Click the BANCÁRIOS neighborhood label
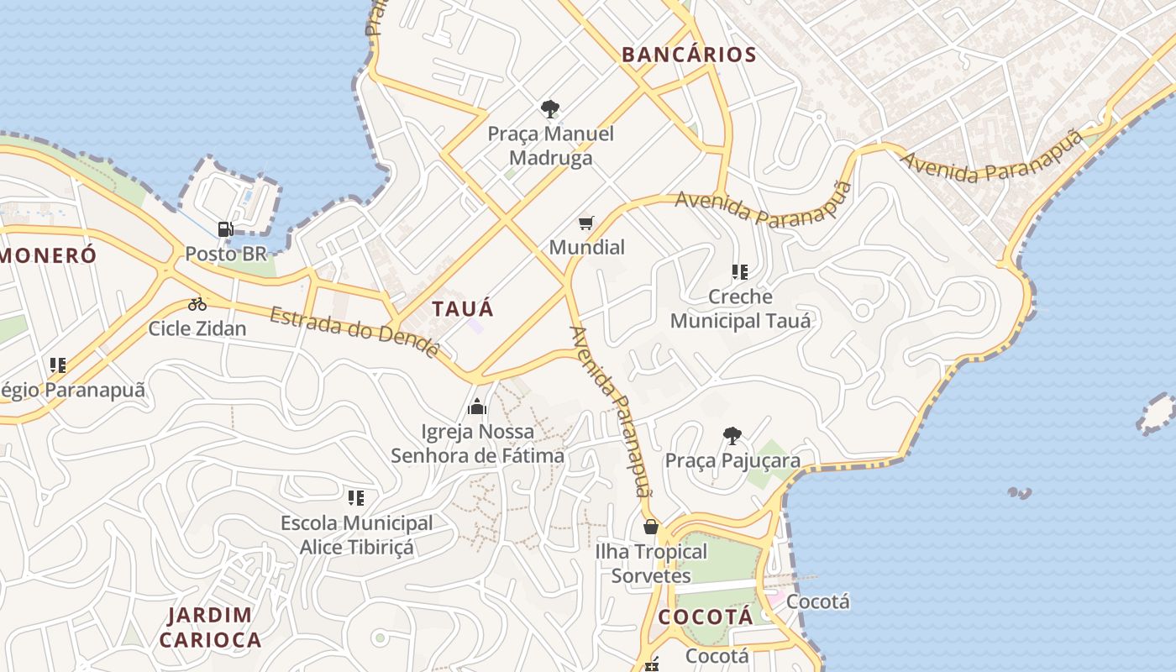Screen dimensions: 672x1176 (689, 55)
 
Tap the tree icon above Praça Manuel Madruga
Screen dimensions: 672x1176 (550, 108)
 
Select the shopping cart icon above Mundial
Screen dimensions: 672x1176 (586, 223)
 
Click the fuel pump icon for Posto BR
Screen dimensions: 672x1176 (225, 228)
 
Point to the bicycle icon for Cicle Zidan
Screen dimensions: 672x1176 (197, 304)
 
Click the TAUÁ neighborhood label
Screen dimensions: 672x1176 (463, 308)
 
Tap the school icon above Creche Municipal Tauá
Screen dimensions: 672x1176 (740, 271)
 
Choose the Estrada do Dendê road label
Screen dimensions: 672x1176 (354, 332)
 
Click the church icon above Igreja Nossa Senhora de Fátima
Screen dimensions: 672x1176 (477, 407)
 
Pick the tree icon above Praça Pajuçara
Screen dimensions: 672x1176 (732, 435)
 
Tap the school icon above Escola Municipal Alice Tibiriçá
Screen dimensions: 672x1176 (356, 497)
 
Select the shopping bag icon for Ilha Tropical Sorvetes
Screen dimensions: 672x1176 (651, 527)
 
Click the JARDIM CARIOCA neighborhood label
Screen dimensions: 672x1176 (210, 627)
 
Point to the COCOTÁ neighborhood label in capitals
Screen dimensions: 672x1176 (706, 617)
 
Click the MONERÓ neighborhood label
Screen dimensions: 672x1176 (49, 256)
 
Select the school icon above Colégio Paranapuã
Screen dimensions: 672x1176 (57, 365)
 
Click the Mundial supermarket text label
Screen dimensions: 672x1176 (587, 247)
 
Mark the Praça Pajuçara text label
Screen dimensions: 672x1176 (732, 460)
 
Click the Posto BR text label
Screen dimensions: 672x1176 (225, 253)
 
